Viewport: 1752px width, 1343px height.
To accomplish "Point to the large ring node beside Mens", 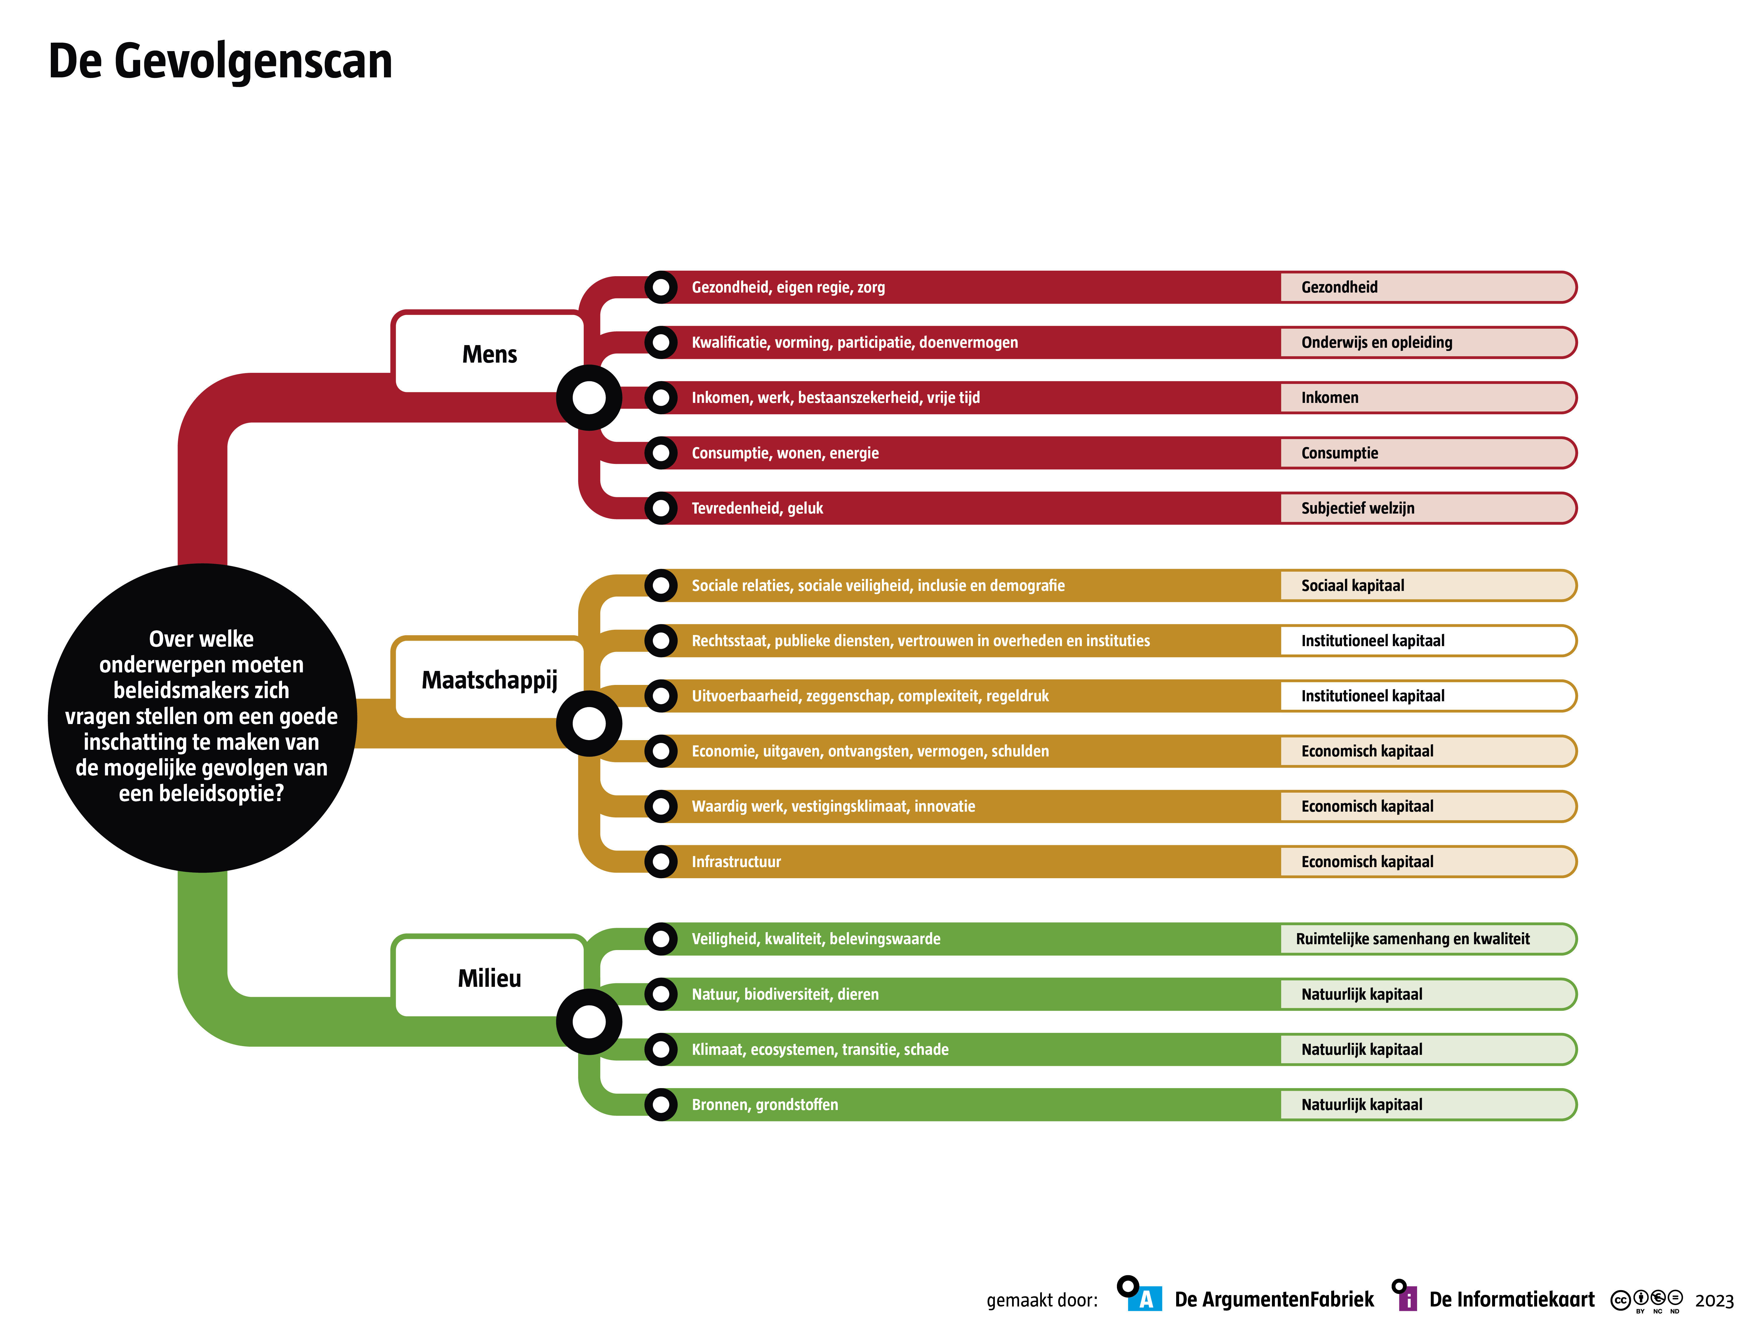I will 589,397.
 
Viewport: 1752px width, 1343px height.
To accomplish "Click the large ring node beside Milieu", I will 589,1022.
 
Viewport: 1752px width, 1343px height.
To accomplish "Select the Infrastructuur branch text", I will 736,862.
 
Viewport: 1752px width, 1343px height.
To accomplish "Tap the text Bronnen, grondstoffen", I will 764,1105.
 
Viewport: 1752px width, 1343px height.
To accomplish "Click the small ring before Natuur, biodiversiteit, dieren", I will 661,994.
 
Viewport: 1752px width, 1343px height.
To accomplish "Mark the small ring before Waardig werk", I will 661,806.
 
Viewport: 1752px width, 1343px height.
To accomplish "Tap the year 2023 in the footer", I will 1714,1301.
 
